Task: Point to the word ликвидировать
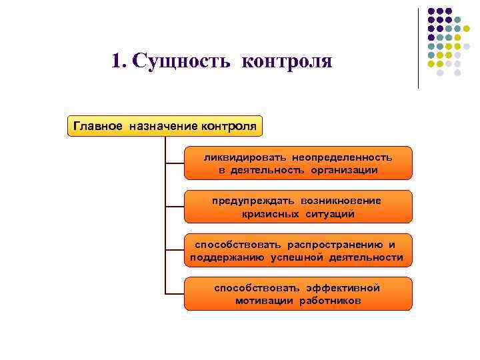point(245,157)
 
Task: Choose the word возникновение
point(341,201)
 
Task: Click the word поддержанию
point(227,257)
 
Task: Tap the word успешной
point(299,257)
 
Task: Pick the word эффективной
point(343,288)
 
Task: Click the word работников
point(329,301)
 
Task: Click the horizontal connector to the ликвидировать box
point(175,163)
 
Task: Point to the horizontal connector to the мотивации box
point(175,293)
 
